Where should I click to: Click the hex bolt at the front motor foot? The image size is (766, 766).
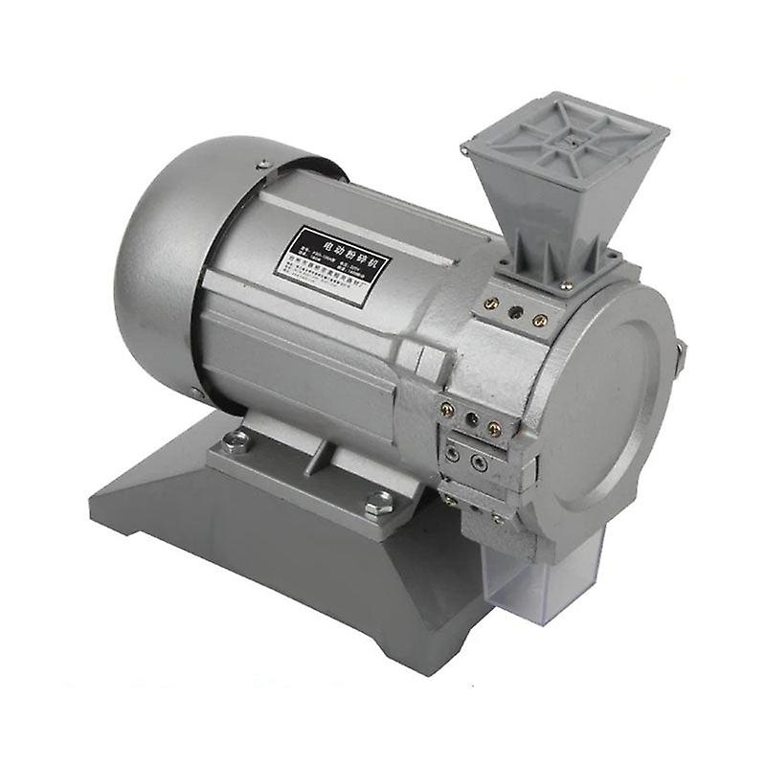[378, 502]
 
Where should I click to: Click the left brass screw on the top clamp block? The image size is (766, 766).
[491, 304]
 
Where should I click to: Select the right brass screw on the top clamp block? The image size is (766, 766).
[540, 321]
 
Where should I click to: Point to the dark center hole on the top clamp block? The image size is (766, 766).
[515, 312]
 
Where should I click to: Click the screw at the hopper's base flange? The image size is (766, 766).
[566, 284]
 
